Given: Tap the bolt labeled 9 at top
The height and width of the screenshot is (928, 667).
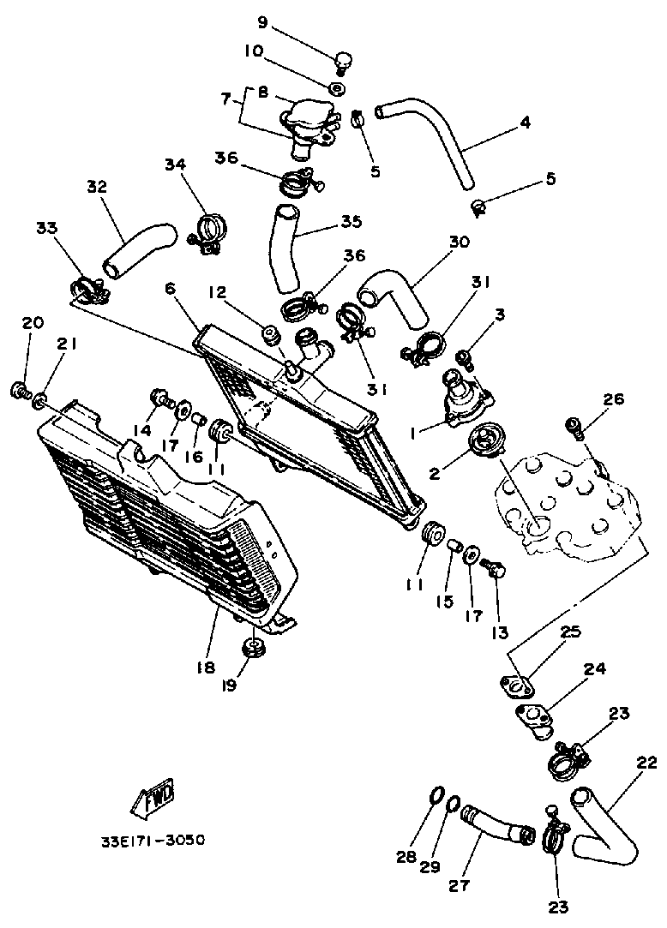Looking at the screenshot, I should (343, 62).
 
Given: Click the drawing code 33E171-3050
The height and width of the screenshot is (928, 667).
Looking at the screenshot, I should (151, 841).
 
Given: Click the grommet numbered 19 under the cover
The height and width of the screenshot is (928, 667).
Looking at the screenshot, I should (253, 648).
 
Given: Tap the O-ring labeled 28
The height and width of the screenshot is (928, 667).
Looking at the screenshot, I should (436, 796).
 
